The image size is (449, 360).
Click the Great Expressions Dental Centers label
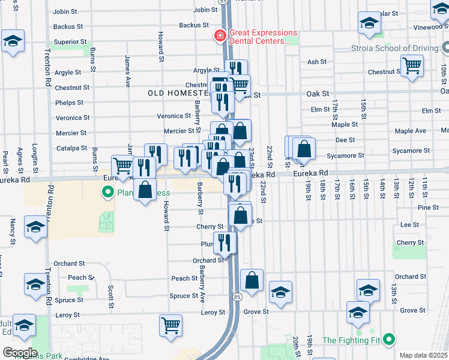tap(264, 37)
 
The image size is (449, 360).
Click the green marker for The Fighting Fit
tap(388, 340)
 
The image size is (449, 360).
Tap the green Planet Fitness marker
tap(108, 193)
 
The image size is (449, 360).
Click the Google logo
tap(20, 353)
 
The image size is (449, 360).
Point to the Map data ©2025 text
tap(424, 355)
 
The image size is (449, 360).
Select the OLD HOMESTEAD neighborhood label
tap(178, 94)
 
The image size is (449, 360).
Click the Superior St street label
tap(67, 42)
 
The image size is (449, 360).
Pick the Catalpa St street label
tap(67, 148)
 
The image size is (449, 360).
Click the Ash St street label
tap(316, 62)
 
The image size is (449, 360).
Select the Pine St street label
tap(412, 208)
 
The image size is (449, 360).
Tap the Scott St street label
tap(111, 293)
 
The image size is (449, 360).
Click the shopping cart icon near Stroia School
tap(412, 65)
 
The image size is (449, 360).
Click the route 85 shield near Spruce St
tap(238, 297)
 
